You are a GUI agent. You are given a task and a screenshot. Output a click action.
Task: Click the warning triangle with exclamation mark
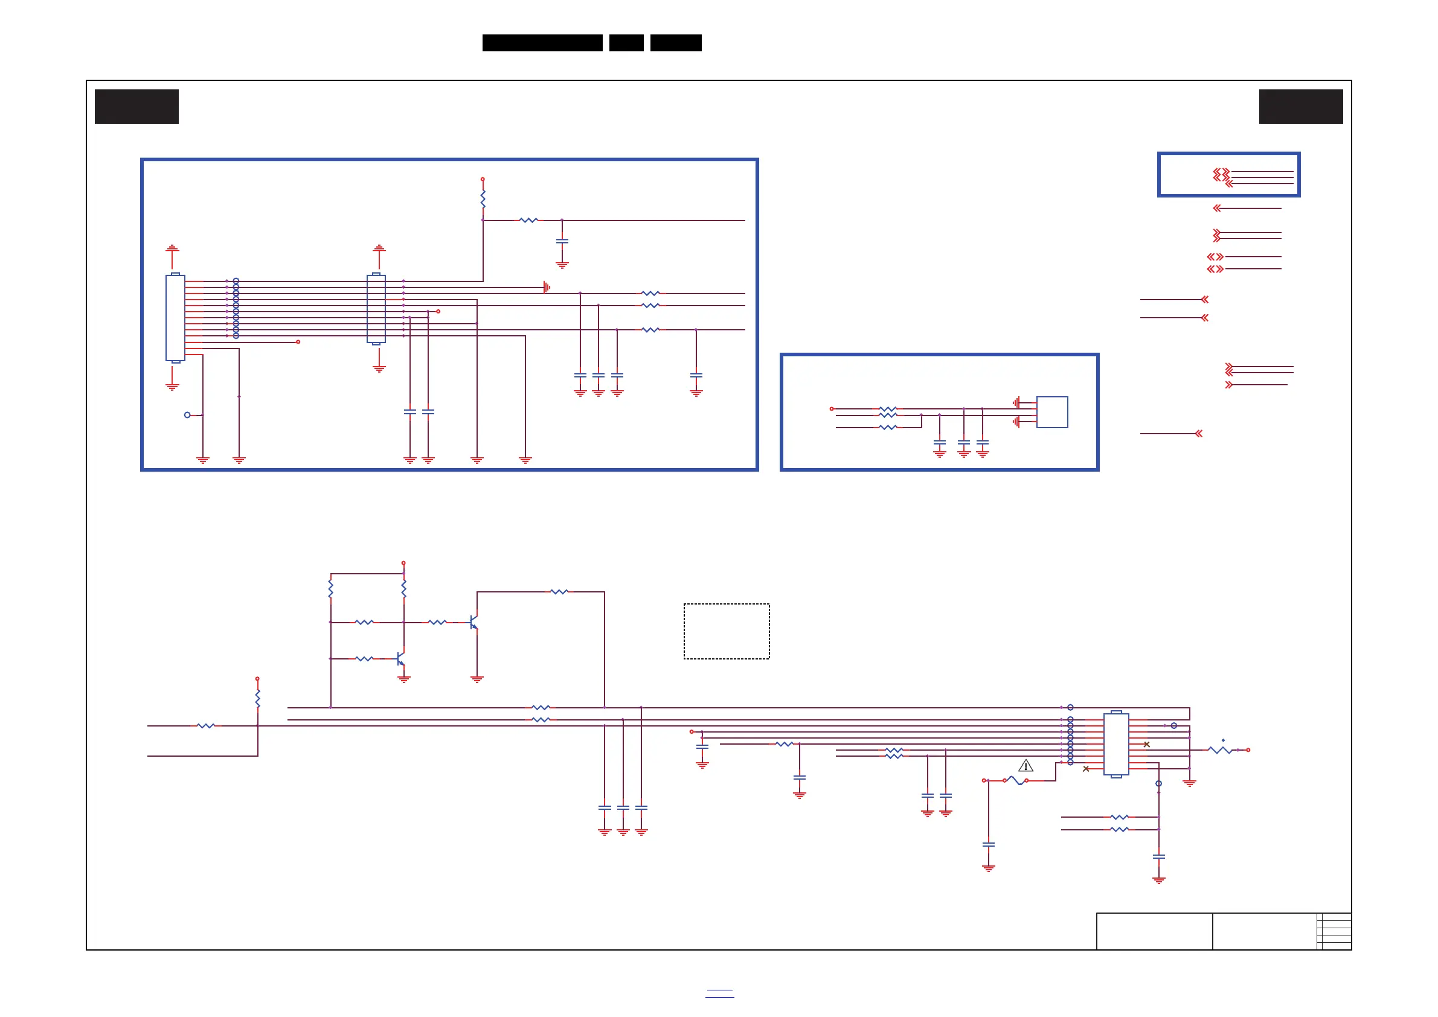(1026, 765)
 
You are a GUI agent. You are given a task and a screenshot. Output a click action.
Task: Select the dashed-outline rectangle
(726, 631)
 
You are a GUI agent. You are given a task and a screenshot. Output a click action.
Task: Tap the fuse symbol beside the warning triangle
(1015, 780)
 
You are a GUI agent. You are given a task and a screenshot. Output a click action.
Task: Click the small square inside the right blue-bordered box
(1051, 412)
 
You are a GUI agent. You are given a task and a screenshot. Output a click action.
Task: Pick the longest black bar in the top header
(542, 43)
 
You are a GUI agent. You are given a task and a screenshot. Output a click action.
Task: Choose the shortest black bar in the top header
(626, 43)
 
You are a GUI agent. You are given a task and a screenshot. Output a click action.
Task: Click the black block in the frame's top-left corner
(136, 106)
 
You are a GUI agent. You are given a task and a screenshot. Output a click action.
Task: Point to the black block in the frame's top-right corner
(1300, 106)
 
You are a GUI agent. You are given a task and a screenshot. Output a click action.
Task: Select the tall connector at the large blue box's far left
(175, 318)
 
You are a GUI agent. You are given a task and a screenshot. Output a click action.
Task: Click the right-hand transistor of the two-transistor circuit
(474, 623)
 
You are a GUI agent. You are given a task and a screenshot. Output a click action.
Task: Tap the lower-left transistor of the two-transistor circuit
(401, 659)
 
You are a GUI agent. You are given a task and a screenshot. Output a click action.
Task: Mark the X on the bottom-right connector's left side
(1086, 769)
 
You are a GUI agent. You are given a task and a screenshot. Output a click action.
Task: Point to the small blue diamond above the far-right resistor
(1223, 740)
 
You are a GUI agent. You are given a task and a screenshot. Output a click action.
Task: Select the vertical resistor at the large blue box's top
(483, 200)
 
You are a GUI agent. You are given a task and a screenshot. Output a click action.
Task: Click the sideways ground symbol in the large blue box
(547, 287)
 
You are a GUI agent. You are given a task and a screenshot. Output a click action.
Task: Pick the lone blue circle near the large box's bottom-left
(187, 414)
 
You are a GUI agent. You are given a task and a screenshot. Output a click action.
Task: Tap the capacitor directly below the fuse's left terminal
(988, 845)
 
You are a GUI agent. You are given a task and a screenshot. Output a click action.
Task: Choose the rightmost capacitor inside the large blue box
(696, 376)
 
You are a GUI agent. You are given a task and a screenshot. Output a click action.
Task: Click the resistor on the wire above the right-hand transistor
(559, 592)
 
